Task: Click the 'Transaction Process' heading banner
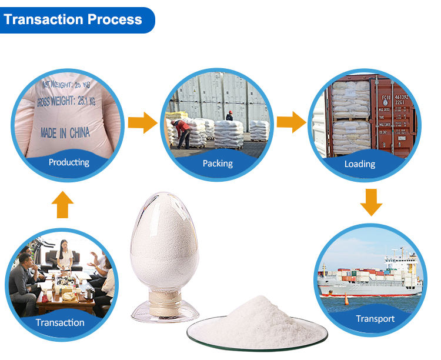[x=73, y=19]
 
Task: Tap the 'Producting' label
[x=69, y=162]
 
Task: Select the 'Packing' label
[x=218, y=163]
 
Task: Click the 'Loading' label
[x=359, y=164]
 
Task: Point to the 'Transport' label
[x=375, y=319]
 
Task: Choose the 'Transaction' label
[x=60, y=322]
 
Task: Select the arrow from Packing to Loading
[x=291, y=122]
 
